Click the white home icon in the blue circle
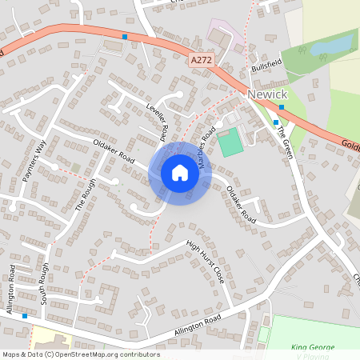[x=179, y=173]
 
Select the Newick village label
[x=267, y=94]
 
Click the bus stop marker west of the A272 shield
[x=125, y=37]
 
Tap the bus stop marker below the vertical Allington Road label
[x=25, y=316]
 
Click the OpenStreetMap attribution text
[x=81, y=354]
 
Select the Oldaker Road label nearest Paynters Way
[x=112, y=151]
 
